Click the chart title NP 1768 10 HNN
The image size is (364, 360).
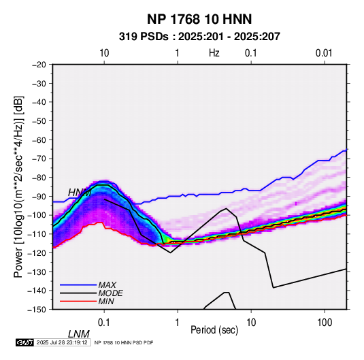click(199, 19)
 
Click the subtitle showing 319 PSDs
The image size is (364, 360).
click(199, 37)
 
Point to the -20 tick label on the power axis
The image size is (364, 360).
click(39, 65)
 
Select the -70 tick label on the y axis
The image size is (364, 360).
click(39, 159)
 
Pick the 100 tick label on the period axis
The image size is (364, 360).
click(325, 323)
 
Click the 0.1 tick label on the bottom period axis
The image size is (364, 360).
click(104, 323)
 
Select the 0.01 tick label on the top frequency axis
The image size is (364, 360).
click(324, 53)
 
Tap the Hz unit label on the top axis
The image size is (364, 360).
click(214, 53)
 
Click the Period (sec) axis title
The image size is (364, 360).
click(214, 330)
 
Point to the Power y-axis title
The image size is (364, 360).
click(18, 186)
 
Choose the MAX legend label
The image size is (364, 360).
click(107, 285)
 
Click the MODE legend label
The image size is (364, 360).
click(110, 293)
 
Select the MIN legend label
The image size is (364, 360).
click(106, 301)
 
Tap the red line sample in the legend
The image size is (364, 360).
click(78, 301)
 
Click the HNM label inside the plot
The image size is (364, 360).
click(80, 193)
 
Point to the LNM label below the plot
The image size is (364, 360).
click(79, 334)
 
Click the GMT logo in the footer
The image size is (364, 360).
click(25, 342)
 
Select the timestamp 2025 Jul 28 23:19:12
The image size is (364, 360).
click(62, 342)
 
